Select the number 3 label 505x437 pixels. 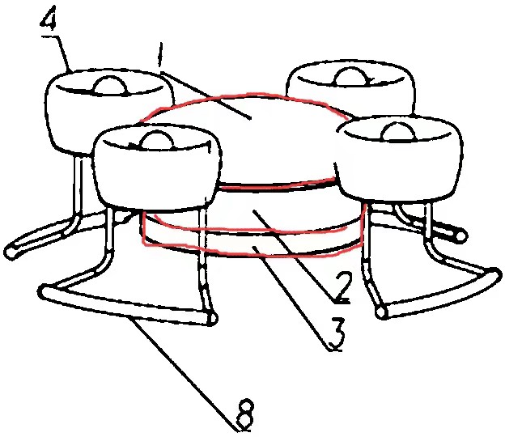point(335,334)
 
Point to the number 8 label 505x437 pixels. point(245,415)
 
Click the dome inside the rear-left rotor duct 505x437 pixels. point(109,86)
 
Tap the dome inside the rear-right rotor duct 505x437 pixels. point(351,77)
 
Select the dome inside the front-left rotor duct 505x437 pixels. point(157,141)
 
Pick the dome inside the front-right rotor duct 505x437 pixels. point(397,132)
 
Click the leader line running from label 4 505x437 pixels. point(63,53)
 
